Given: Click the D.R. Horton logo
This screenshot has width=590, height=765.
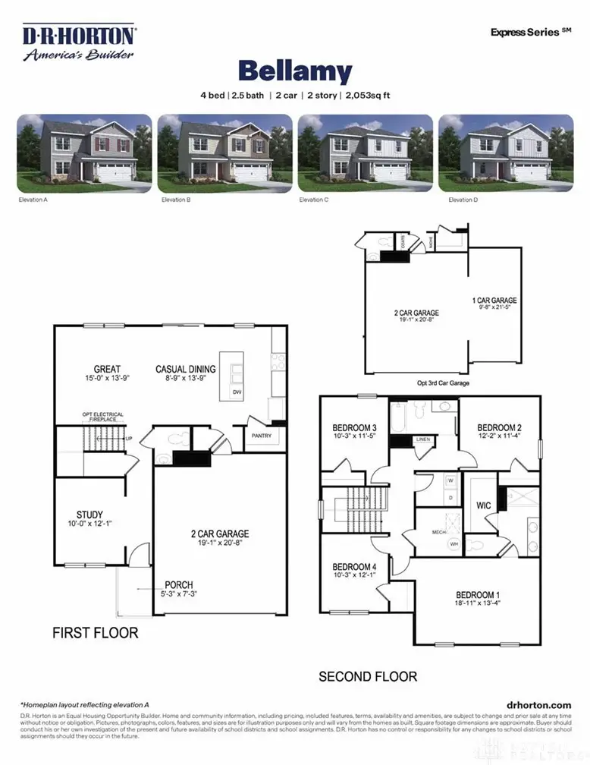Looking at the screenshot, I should pos(78,42).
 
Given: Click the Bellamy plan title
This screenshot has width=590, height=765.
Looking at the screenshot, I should pos(294,72).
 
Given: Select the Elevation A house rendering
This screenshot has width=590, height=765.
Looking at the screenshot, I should pos(84,154).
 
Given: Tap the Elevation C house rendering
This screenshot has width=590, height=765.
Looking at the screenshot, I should pos(366,154).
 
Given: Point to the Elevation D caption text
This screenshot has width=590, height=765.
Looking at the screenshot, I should pos(463,200).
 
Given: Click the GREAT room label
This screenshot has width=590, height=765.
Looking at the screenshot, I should pos(107,370).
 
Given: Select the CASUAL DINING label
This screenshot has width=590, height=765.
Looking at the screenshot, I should pos(186,370).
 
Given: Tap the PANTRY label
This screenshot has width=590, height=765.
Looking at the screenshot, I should pos(261,436).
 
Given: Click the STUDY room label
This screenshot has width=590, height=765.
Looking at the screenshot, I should pos(89,515).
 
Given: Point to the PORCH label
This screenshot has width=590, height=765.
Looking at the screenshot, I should pos(179,585).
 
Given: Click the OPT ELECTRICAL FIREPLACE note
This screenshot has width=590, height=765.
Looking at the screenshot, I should pos(102,417).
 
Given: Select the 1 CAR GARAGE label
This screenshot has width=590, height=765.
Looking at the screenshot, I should pos(494,301).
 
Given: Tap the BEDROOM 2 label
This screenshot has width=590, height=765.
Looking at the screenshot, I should pos(499,427).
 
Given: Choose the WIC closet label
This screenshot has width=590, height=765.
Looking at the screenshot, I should pos(485,505).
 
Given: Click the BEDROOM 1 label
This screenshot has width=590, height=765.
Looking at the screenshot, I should pos(478,594).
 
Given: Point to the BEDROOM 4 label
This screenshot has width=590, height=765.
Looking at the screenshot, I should pos(355,567).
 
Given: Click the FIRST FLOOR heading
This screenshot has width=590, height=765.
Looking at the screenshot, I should pos(95,632).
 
